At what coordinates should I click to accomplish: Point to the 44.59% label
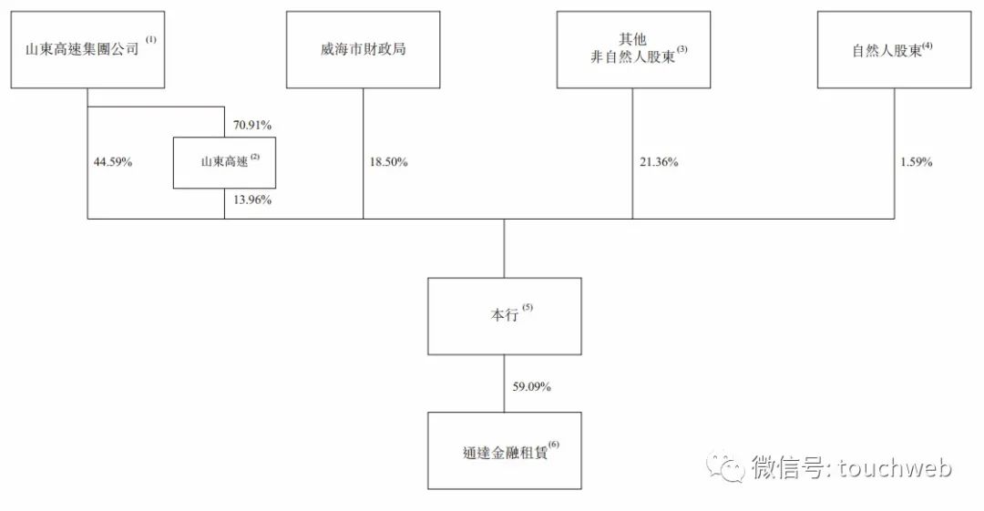pyautogui.click(x=113, y=162)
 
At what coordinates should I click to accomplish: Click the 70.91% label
pyautogui.click(x=252, y=125)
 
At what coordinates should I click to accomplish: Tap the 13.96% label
pyautogui.click(x=252, y=199)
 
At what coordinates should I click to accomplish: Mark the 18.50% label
pyautogui.click(x=388, y=162)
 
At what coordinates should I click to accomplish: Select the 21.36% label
pyautogui.click(x=659, y=162)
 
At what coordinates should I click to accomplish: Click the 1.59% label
pyautogui.click(x=917, y=162)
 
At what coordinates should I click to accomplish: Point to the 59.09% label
pyautogui.click(x=531, y=387)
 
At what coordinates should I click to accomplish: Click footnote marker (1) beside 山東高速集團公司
pyautogui.click(x=151, y=39)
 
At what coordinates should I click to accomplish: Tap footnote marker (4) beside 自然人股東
pyautogui.click(x=928, y=46)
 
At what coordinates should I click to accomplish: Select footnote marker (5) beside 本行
pyautogui.click(x=528, y=308)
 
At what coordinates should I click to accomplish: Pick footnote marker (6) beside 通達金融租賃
pyautogui.click(x=554, y=445)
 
